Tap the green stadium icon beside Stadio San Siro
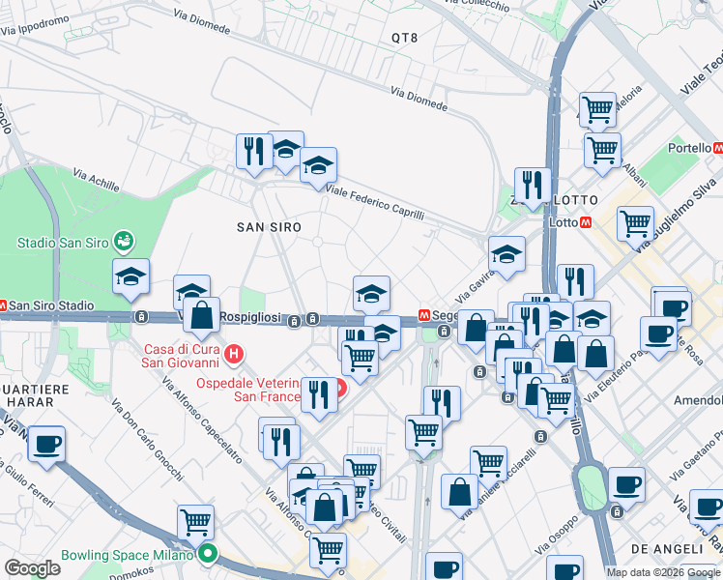(x=123, y=240)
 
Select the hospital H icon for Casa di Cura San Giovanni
(x=233, y=357)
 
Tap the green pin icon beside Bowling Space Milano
(x=208, y=556)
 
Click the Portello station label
(x=689, y=148)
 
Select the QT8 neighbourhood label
(x=404, y=38)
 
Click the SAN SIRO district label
(x=270, y=226)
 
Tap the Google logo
(x=34, y=567)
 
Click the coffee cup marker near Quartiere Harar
(x=46, y=445)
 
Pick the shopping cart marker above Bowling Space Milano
(x=195, y=523)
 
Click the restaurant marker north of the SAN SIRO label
(x=254, y=151)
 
